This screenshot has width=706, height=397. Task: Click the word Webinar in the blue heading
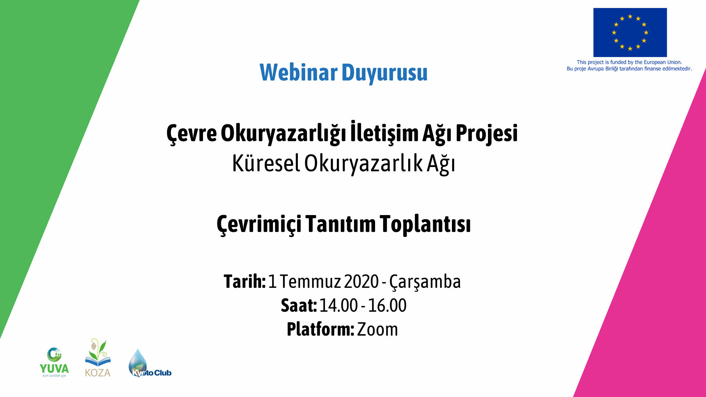pos(298,72)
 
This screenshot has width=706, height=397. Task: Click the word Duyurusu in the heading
pos(384,73)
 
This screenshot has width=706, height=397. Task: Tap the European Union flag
pos(630,32)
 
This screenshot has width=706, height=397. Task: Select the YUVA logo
pos(54,362)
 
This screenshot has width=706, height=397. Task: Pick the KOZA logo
pos(98,358)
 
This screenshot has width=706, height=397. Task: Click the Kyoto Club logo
pos(149,364)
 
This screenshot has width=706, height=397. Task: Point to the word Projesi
pos(486,133)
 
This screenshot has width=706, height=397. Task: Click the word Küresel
pos(266,163)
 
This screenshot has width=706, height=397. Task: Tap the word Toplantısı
pos(425,224)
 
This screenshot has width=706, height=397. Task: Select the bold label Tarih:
pos(245,282)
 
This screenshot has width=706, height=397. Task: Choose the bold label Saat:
pos(299,305)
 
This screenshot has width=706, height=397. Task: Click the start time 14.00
pos(338,305)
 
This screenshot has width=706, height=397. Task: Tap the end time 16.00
pos(387,305)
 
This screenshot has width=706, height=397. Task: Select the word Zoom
pos(377,329)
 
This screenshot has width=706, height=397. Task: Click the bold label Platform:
pos(320,329)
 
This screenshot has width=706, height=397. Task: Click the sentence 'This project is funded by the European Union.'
pos(629,62)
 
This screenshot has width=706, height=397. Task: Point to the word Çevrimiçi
pos(259,224)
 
